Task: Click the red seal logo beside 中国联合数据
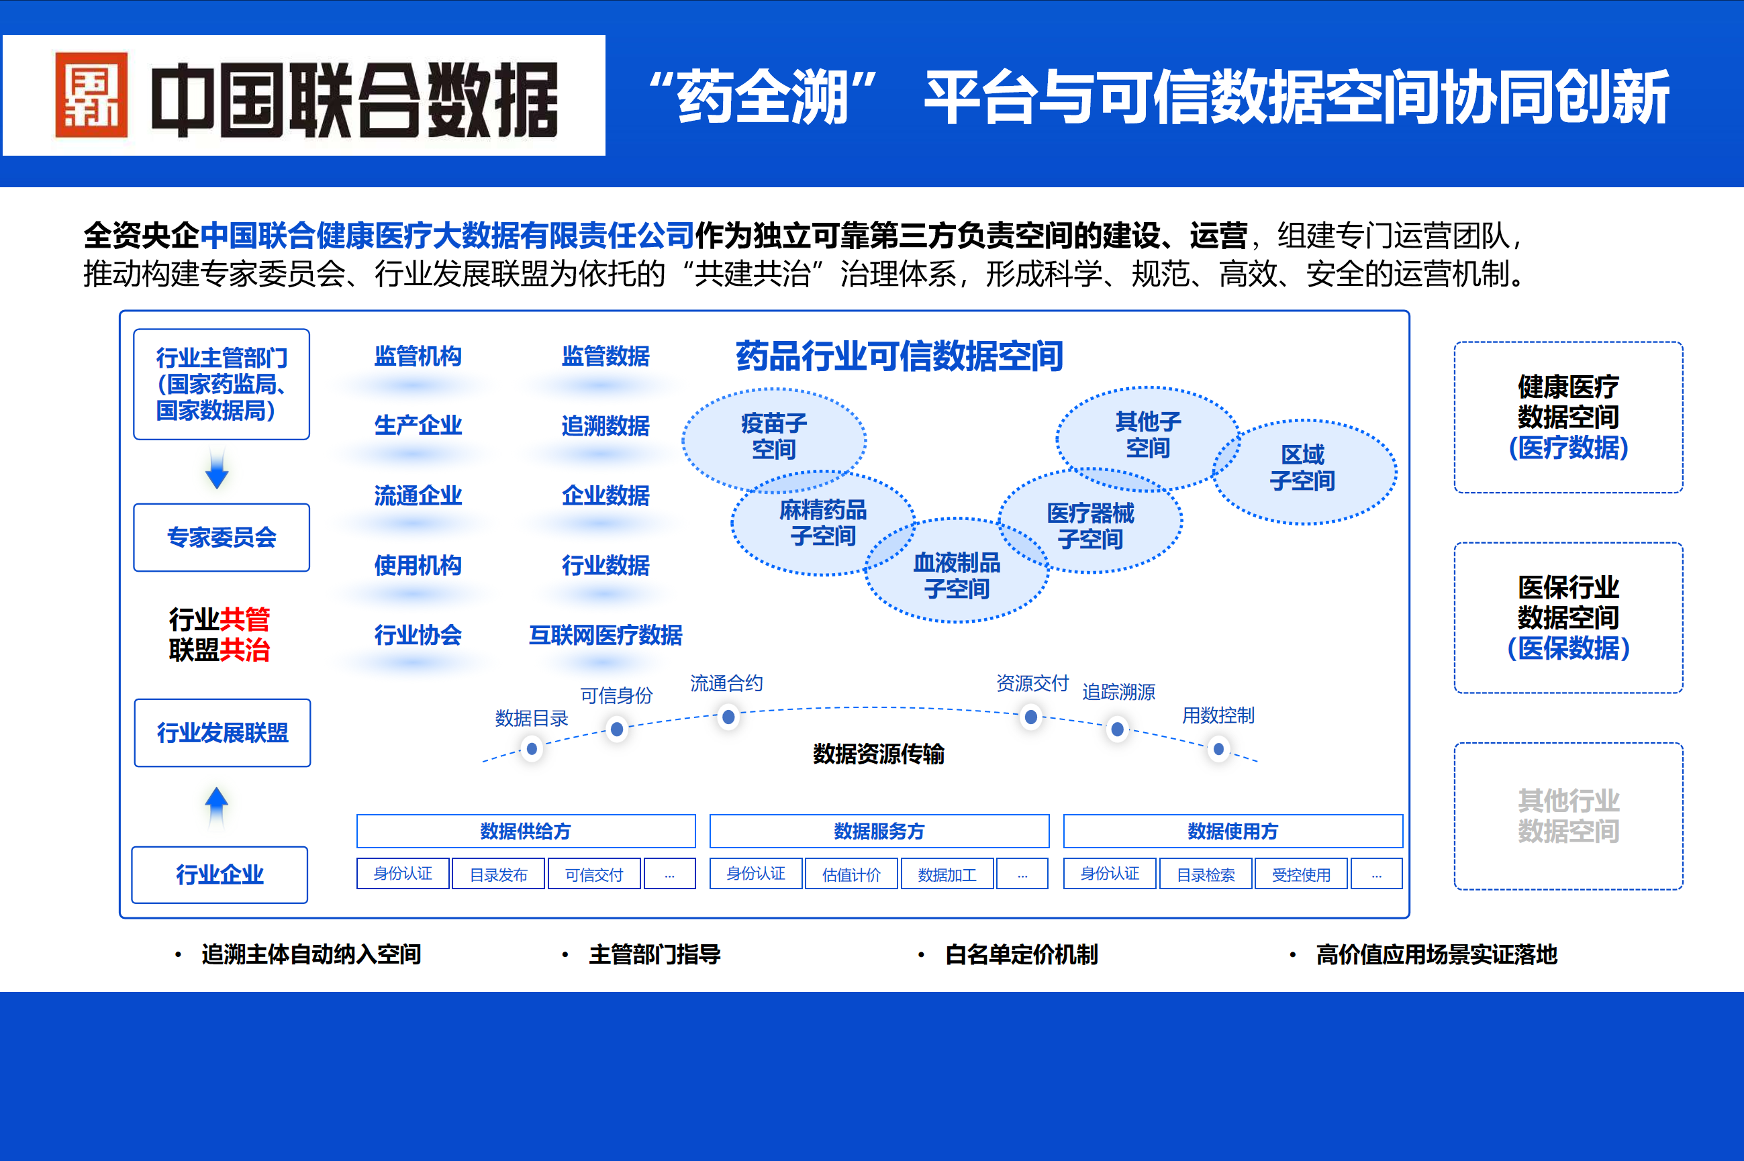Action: click(x=92, y=95)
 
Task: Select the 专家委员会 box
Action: click(x=222, y=538)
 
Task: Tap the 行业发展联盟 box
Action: click(x=222, y=733)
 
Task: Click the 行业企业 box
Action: click(x=220, y=874)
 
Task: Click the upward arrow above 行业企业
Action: click(x=216, y=805)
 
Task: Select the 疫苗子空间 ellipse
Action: click(x=774, y=437)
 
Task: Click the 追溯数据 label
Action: click(x=605, y=425)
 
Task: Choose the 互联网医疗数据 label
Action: click(x=605, y=636)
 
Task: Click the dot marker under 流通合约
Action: click(x=729, y=717)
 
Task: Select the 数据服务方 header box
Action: click(x=879, y=831)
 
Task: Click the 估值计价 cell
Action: click(x=851, y=874)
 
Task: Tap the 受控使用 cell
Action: click(x=1301, y=874)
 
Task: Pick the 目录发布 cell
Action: click(x=498, y=874)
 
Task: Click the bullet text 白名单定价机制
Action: click(x=1021, y=954)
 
